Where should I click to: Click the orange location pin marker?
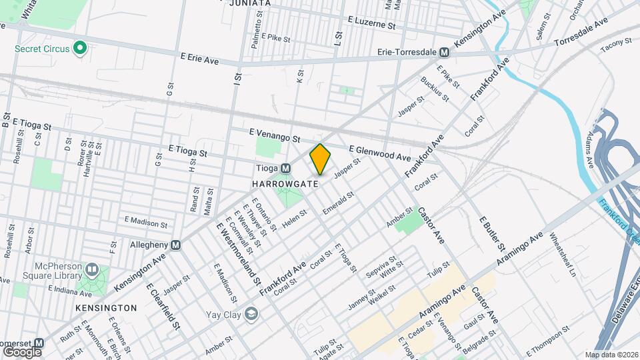click(x=320, y=159)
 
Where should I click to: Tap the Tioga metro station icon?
click(x=285, y=168)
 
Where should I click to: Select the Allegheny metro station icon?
click(x=176, y=245)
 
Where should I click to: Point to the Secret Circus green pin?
click(x=79, y=48)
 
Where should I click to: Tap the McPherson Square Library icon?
click(x=91, y=269)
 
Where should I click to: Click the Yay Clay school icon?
click(x=251, y=313)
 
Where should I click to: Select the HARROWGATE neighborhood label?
click(x=279, y=182)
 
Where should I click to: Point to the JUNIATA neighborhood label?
click(x=250, y=3)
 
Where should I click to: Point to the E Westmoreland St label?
click(x=238, y=253)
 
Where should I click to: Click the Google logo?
click(x=22, y=351)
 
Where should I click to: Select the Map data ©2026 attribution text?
click(x=611, y=355)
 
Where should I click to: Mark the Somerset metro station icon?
click(x=39, y=342)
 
